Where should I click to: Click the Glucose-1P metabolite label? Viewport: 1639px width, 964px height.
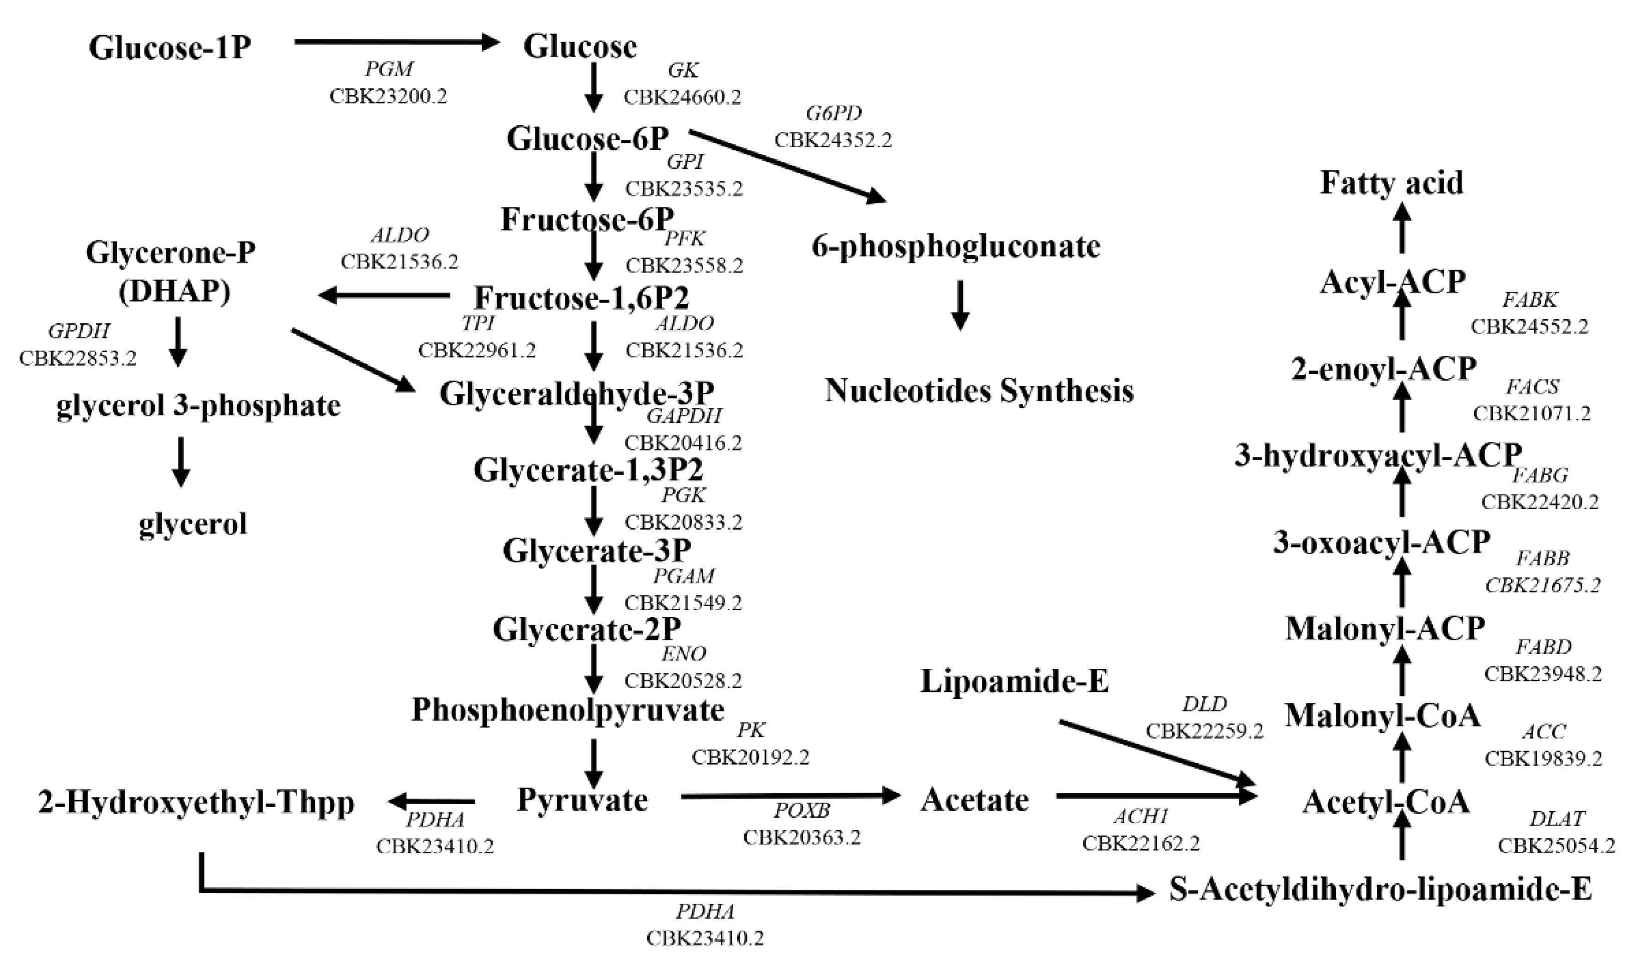pyautogui.click(x=170, y=48)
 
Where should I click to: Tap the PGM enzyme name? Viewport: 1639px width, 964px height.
pyautogui.click(x=389, y=70)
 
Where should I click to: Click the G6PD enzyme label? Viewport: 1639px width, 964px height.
pyautogui.click(x=834, y=114)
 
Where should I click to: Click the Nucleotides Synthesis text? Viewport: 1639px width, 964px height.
pyautogui.click(x=979, y=391)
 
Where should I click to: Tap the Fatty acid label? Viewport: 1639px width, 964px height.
pyautogui.click(x=1392, y=183)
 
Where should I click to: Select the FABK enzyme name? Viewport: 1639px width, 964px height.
pyautogui.click(x=1530, y=300)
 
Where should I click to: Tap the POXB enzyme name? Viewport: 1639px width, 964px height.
pyautogui.click(x=802, y=811)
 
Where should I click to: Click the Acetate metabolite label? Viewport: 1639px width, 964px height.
pyautogui.click(x=974, y=800)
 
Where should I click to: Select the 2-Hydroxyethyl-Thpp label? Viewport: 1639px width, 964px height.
pyautogui.click(x=196, y=802)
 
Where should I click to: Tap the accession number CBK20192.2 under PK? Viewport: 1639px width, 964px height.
pyautogui.click(x=750, y=757)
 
